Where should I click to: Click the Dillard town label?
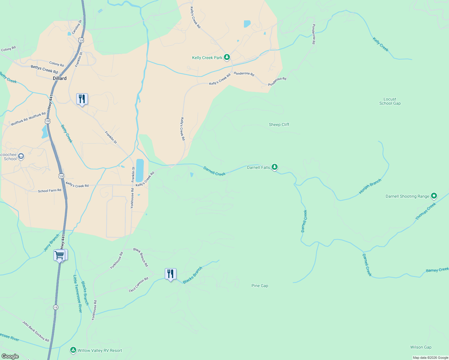pos(60,78)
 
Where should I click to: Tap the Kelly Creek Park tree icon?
pos(227,57)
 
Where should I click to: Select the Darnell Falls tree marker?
pos(274,167)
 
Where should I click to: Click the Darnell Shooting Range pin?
pos(434,196)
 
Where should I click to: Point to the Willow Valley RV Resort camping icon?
pos(73,350)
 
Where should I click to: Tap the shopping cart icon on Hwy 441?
pos(59,255)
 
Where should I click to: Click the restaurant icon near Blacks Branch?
pos(170,274)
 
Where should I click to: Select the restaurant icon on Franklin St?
pos(82,99)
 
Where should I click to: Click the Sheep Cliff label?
pos(279,124)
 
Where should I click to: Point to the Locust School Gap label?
pos(390,101)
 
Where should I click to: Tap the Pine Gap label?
pos(260,286)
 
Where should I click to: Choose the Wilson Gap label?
pos(421,347)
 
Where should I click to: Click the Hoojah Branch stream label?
pos(370,186)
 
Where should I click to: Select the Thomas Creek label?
pos(426,211)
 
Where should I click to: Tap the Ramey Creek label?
pos(437,270)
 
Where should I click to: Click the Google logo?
pos(10,356)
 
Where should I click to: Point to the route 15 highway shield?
pos(56,307)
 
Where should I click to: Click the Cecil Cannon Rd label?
pos(139,285)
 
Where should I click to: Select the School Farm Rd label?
pos(50,190)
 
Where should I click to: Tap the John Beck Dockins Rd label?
pos(35,331)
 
